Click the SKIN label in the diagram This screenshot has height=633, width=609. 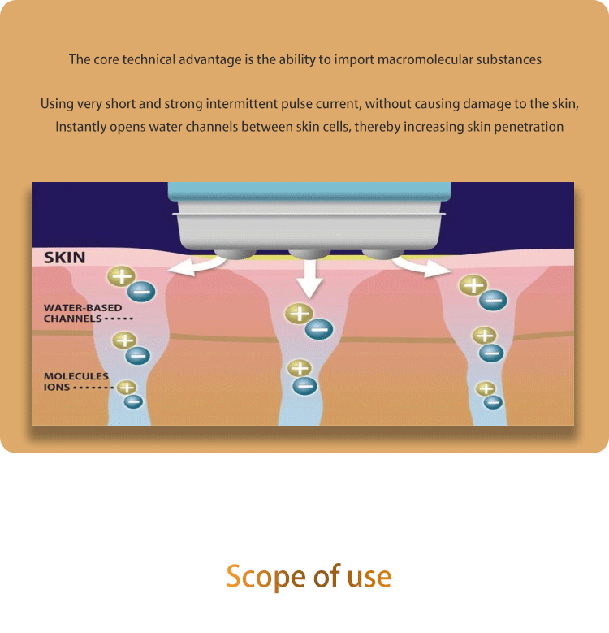coord(64,258)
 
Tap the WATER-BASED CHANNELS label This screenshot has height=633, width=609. coord(82,314)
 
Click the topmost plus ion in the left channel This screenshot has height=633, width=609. coord(121,276)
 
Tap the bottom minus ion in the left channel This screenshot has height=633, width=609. coord(134,401)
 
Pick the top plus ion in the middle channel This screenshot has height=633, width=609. coord(300,313)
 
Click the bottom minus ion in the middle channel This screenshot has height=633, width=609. coord(304,386)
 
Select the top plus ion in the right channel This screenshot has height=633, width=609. coord(473,285)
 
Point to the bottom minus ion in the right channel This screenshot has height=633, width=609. coord(493,401)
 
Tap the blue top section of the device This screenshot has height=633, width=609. coord(309,193)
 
